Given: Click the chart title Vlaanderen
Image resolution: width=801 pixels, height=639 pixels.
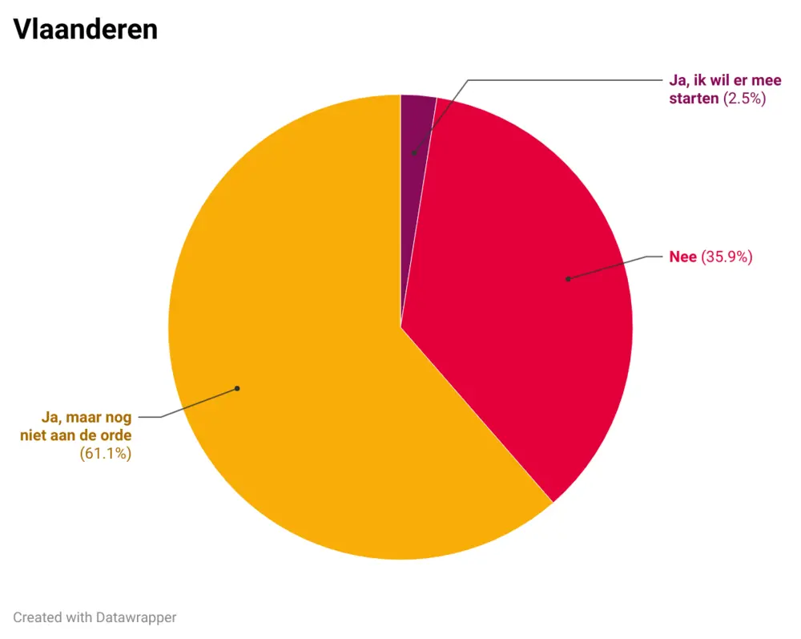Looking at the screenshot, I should pos(85,30).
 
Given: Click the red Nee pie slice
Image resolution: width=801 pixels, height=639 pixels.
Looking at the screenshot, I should pos(521,305).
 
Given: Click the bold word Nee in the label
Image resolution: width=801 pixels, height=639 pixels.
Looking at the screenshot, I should pos(683,257).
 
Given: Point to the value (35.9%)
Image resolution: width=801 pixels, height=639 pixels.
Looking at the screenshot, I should pos(727,257).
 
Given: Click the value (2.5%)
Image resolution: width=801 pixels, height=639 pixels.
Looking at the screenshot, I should pos(745,99).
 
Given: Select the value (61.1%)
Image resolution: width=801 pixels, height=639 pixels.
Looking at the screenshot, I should pos(106,454).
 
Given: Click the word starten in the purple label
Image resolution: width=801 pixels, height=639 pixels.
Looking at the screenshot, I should pos(694,99).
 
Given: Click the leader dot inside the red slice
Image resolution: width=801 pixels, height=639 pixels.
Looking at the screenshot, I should pos(568,279).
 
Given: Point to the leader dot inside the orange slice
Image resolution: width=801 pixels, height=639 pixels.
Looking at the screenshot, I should pos(237,388).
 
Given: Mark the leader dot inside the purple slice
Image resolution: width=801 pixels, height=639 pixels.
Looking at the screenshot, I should pos(414,152).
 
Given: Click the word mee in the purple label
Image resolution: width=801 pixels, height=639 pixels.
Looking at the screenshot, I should pos(766,81).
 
